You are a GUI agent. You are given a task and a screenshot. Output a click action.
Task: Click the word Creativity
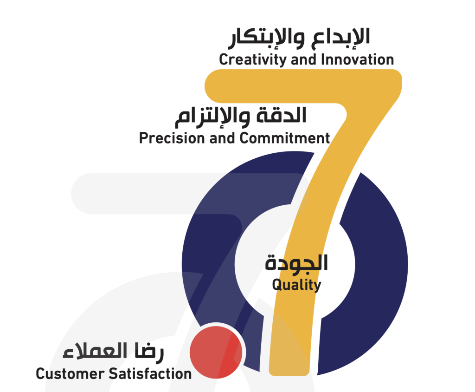pos(252,60)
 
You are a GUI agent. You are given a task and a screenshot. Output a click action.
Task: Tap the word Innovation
pos(358,59)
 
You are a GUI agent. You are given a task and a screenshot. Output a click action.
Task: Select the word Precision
pos(172,138)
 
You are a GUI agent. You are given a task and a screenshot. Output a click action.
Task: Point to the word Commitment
pos(284,138)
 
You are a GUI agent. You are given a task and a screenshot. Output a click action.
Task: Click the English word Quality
pos(296,285)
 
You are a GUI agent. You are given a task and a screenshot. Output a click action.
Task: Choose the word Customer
pos(70,374)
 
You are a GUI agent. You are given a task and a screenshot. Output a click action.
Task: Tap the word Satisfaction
pos(150,373)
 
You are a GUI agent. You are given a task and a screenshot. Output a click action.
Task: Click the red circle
pos(216,352)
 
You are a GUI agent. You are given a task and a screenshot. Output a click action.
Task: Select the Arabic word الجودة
pos(296,263)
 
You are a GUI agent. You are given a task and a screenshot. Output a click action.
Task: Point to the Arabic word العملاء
pos(95,351)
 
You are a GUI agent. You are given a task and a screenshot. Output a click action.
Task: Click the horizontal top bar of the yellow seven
pos(303,86)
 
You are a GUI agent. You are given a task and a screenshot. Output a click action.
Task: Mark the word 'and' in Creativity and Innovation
pos(303,59)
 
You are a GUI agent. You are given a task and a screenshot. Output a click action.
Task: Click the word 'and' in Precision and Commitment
pos(222,138)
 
